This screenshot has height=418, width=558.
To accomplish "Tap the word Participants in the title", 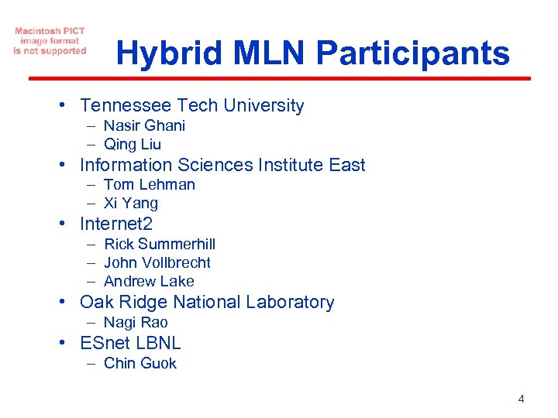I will (x=413, y=53).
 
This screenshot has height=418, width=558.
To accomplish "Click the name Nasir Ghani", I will (x=144, y=125).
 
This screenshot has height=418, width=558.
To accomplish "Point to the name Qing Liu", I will (x=133, y=144).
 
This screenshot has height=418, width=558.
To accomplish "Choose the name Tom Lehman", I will (x=150, y=184).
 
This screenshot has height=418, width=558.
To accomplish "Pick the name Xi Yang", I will (x=131, y=203).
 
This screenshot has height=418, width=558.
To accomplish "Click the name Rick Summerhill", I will (x=160, y=244).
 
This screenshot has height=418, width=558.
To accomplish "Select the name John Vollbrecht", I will (x=157, y=262).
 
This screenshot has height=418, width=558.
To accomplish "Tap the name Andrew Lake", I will (x=149, y=281).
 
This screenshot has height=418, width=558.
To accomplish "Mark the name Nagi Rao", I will (x=136, y=322).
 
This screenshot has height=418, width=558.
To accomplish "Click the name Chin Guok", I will (x=140, y=363).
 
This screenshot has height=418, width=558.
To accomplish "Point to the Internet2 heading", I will (x=116, y=224).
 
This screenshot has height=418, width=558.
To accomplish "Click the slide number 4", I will (x=521, y=399).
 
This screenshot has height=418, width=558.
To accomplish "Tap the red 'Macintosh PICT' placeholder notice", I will (x=50, y=41).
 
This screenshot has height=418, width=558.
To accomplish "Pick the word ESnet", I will (x=105, y=343).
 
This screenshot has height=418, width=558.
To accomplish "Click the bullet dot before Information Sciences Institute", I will (x=69, y=166).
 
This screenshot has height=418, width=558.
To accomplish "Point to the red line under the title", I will (x=279, y=78).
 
